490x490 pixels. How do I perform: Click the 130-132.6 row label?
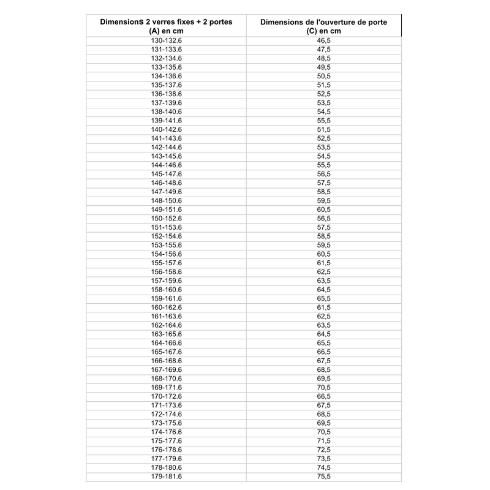(x=167, y=40)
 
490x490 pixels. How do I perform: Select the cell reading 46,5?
(x=324, y=40)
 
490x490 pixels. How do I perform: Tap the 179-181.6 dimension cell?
(x=167, y=476)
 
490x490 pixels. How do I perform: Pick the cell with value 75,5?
(x=324, y=476)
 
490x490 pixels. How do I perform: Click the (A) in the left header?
(x=154, y=31)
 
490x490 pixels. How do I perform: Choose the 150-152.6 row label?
(x=167, y=218)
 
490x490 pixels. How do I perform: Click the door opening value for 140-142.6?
(x=324, y=129)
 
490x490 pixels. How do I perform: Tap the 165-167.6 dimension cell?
(x=167, y=352)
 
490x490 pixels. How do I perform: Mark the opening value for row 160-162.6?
(x=324, y=307)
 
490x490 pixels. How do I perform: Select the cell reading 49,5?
(x=324, y=67)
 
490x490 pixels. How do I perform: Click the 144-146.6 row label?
(x=167, y=165)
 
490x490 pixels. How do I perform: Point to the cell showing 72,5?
(x=324, y=450)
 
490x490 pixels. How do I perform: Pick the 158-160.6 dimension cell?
(x=167, y=289)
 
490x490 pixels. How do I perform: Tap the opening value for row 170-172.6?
(x=324, y=396)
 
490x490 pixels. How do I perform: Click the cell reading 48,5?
(x=324, y=58)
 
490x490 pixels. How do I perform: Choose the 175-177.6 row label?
(x=167, y=440)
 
